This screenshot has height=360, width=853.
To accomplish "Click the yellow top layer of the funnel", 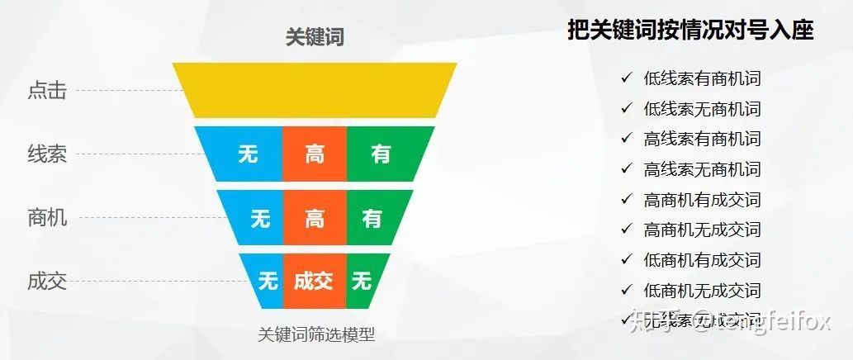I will pos(314,89).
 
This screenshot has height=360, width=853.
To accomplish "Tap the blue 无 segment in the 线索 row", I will pos(246,154).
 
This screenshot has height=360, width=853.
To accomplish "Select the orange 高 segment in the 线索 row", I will pos(315,154).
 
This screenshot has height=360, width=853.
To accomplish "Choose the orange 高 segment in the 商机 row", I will pos(315,218).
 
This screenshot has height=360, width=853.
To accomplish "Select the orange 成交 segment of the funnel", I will pos(314,282).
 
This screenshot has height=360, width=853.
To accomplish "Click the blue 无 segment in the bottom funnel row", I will pos(268,282).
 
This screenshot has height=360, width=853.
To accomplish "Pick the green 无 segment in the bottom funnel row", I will pos(361,282).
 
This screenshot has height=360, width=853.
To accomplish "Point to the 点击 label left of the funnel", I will pos(47,91).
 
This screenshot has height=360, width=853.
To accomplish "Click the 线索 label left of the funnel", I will pos(47,154).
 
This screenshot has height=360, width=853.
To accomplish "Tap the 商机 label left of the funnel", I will pos(47,218).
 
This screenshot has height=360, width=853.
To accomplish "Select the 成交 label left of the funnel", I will pos(47,282).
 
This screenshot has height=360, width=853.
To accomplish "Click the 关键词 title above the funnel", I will pos(314,37).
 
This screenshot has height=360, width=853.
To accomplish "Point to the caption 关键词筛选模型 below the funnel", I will pos(316,334).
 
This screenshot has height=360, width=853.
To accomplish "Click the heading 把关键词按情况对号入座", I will pos(690,31).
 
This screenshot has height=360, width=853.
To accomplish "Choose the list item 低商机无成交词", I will pos(702,290).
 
